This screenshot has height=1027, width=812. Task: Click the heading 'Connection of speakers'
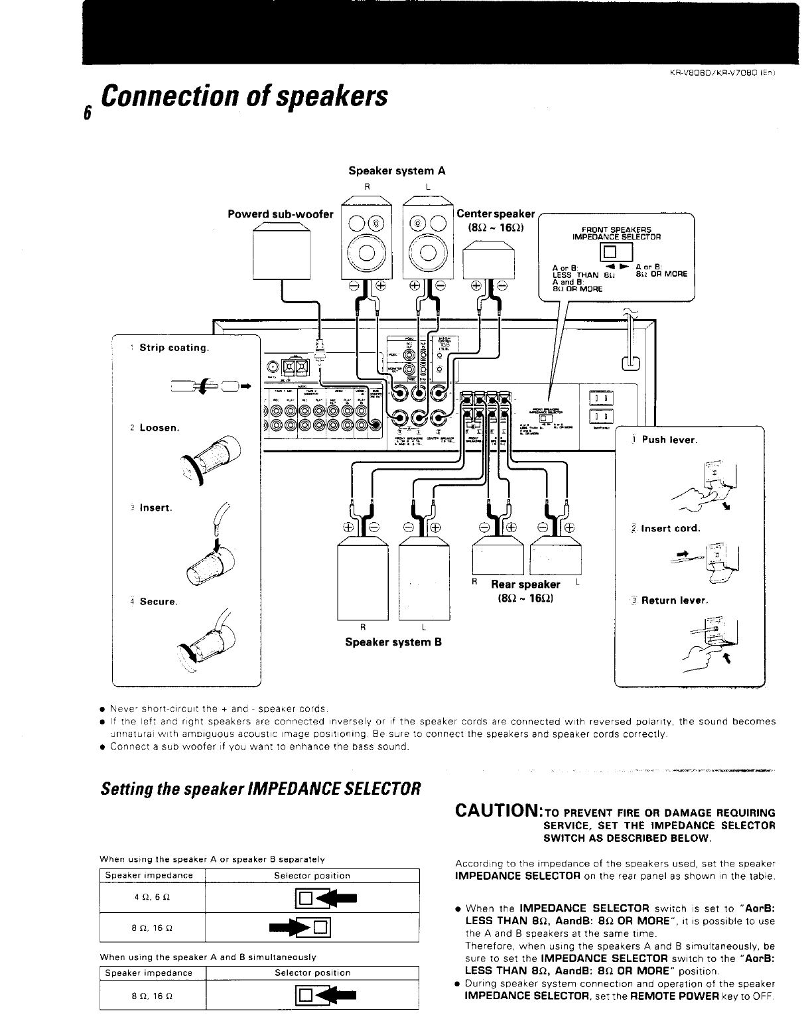pos(243,96)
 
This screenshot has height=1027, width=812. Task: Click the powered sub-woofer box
pos(282,254)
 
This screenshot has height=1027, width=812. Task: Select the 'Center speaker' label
pos(496,214)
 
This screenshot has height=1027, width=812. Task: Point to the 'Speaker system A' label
pos(397,171)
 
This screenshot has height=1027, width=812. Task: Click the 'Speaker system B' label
pos(393,642)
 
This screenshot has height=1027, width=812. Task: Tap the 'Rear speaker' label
pos(525,584)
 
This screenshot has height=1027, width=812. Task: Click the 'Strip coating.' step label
pos(174,348)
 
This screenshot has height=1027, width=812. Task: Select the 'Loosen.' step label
pos(159,428)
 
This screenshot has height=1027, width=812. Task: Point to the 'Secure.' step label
pos(157,602)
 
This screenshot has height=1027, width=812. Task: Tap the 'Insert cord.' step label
pos(670,529)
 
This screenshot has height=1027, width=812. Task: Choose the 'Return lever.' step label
pos(675,600)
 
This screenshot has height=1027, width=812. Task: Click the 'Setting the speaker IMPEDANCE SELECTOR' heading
pos(260,789)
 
